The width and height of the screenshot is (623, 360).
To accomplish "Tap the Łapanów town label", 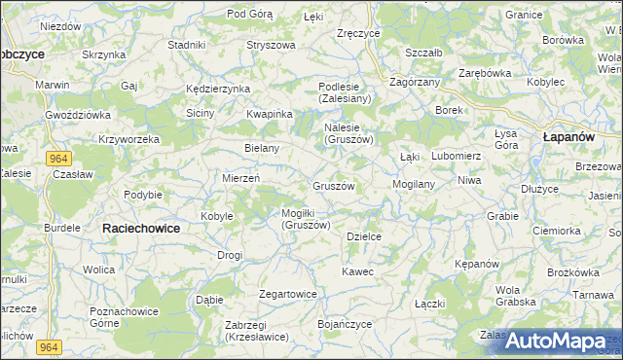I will click(568, 137).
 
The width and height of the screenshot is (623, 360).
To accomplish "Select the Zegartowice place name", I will click(288, 293).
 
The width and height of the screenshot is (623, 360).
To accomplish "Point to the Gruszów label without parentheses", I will click(333, 185).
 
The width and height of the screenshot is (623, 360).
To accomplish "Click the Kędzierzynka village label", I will click(218, 89).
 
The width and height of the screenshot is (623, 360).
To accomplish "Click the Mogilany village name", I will click(413, 183).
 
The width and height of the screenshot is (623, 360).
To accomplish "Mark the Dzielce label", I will click(363, 235).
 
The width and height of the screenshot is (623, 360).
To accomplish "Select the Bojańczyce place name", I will click(345, 323).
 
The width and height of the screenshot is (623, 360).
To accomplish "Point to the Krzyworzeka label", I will click(128, 139).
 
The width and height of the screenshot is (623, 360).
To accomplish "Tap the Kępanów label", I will click(477, 264).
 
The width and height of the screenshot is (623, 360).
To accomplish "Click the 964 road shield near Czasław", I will click(57, 158).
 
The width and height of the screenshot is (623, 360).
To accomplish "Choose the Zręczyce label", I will click(357, 33).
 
